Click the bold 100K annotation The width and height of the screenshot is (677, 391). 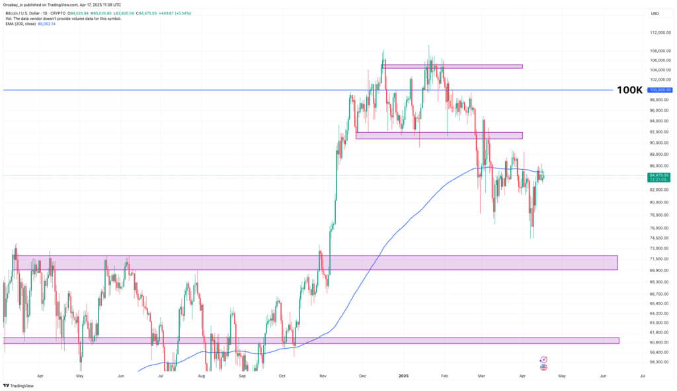[629, 90]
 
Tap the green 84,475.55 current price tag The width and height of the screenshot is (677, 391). [660, 175]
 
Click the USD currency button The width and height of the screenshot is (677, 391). [655, 13]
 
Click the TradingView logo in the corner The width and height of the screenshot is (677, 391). [20, 385]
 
